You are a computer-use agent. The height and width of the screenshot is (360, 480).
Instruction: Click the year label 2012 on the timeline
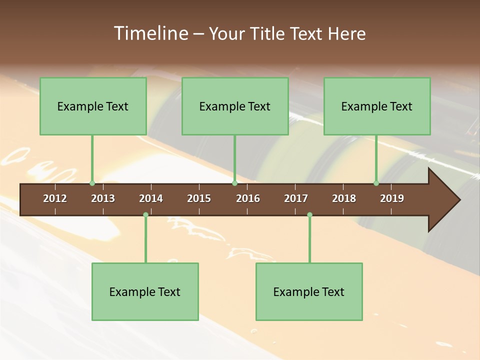pyautogui.click(x=55, y=198)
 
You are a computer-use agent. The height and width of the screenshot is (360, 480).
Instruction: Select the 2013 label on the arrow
pyautogui.click(x=103, y=198)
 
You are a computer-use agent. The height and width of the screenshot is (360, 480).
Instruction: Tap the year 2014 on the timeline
pyautogui.click(x=151, y=198)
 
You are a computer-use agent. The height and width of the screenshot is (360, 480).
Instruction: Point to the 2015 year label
pyautogui.click(x=199, y=198)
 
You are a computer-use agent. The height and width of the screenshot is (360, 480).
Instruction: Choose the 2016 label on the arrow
pyautogui.click(x=248, y=198)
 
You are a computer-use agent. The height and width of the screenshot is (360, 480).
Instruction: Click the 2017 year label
pyautogui.click(x=296, y=198)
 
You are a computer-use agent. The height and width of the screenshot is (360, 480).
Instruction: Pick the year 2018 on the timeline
pyautogui.click(x=344, y=198)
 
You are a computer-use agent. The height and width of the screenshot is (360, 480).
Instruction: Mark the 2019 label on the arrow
pyautogui.click(x=392, y=198)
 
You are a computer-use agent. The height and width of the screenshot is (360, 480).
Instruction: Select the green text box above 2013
pyautogui.click(x=93, y=106)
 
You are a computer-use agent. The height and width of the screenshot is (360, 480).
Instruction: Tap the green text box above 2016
pyautogui.click(x=235, y=106)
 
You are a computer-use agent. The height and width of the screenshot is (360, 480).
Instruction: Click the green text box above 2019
pyautogui.click(x=377, y=106)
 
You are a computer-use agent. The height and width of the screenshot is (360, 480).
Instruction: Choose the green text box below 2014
pyautogui.click(x=145, y=291)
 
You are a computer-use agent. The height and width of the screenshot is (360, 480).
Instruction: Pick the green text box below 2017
pyautogui.click(x=309, y=291)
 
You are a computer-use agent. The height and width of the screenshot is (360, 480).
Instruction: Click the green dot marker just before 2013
pyautogui.click(x=92, y=183)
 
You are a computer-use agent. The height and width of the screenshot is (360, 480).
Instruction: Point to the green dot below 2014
pyautogui.click(x=145, y=215)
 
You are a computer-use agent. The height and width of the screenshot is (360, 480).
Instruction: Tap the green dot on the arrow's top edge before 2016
pyautogui.click(x=234, y=183)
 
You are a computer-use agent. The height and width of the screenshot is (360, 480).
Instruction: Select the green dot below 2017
pyautogui.click(x=309, y=215)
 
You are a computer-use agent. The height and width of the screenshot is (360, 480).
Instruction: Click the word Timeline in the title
pyautogui.click(x=150, y=33)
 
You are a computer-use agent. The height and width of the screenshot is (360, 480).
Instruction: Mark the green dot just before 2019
pyautogui.click(x=376, y=183)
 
